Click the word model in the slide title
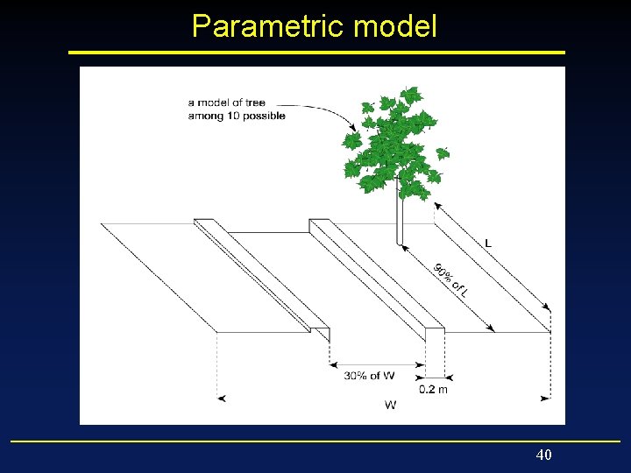pos(394,26)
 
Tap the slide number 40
pos(543,455)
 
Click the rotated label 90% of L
pos(450,280)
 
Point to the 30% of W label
pos(369,376)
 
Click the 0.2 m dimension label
pos(433,390)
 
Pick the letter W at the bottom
pos(390,405)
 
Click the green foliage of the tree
pos(394,145)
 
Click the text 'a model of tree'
pos(226,103)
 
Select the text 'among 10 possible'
pos(237,116)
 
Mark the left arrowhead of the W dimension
pos(222,399)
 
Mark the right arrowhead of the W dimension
pos(546,399)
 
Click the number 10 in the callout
pos(237,116)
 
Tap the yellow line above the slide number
pos(315,441)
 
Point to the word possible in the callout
pos(266,116)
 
